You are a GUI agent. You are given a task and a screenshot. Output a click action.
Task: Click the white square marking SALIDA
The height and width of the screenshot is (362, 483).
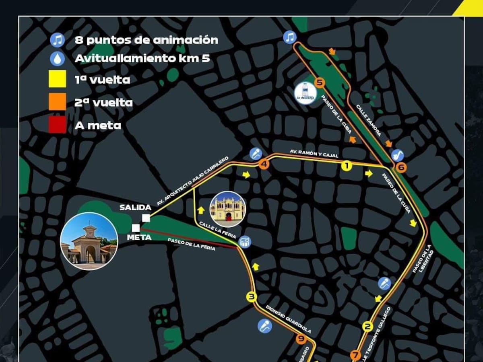pyautogui.click(x=146, y=218)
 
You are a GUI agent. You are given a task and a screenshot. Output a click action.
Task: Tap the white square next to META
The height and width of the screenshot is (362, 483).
pyautogui.click(x=136, y=228)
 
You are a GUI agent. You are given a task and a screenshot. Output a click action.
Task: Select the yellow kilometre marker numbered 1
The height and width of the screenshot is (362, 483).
pyautogui.click(x=346, y=165)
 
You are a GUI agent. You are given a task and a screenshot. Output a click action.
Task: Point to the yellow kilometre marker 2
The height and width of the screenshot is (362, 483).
pyautogui.click(x=367, y=326)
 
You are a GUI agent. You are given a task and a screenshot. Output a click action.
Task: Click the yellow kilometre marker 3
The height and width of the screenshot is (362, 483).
pyautogui.click(x=252, y=297)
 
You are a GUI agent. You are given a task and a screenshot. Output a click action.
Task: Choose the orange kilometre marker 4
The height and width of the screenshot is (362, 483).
pyautogui.click(x=264, y=164)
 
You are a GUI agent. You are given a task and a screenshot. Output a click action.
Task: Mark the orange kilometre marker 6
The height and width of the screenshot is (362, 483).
pyautogui.click(x=400, y=167)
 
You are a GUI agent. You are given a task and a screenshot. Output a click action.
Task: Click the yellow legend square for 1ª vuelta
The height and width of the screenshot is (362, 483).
pyautogui.click(x=57, y=79)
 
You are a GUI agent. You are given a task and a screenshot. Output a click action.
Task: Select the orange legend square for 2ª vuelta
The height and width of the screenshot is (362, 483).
pyautogui.click(x=57, y=102)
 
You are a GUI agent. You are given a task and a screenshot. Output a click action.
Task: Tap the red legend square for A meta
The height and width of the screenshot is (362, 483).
pyautogui.click(x=57, y=125)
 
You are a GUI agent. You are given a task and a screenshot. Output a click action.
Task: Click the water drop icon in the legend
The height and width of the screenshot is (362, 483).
pyautogui.click(x=57, y=59)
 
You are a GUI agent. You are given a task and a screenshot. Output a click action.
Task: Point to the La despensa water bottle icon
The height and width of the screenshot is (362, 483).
pyautogui.click(x=305, y=93)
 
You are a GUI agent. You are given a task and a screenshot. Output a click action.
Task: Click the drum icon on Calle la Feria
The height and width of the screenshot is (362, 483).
pyautogui.click(x=245, y=242)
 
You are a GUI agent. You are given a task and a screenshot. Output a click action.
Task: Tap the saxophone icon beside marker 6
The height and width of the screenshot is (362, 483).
pyautogui.click(x=398, y=155)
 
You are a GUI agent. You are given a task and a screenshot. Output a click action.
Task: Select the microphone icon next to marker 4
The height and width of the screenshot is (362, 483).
pyautogui.click(x=256, y=153)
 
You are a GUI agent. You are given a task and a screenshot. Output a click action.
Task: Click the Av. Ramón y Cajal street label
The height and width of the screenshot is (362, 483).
pyautogui.click(x=314, y=154)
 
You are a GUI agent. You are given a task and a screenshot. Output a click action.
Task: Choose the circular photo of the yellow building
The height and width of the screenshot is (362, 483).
pyautogui.click(x=228, y=208)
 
